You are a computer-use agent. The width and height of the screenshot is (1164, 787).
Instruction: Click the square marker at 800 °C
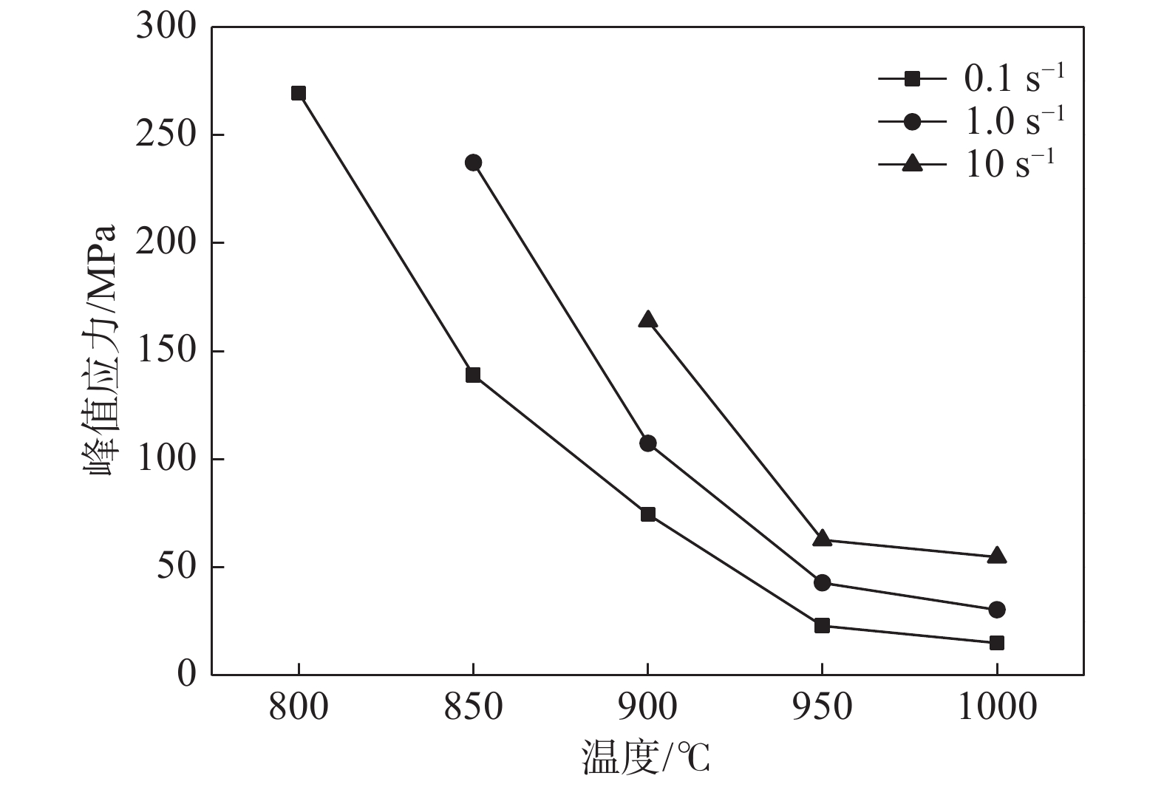pyautogui.click(x=299, y=93)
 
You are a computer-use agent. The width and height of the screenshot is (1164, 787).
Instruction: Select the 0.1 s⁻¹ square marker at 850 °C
pyautogui.click(x=473, y=375)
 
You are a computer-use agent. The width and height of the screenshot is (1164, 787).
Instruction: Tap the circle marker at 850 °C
pyautogui.click(x=473, y=163)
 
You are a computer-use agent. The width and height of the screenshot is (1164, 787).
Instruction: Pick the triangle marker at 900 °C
pyautogui.click(x=648, y=320)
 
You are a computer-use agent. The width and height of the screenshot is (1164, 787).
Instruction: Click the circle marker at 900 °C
pyautogui.click(x=648, y=443)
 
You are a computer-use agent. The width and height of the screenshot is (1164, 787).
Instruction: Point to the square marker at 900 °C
pyautogui.click(x=648, y=514)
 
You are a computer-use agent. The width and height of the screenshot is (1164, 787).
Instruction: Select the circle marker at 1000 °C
pyautogui.click(x=996, y=610)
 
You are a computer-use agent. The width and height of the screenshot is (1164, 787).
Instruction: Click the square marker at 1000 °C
pyautogui.click(x=996, y=643)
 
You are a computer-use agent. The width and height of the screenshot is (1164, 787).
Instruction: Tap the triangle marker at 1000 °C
pyautogui.click(x=996, y=556)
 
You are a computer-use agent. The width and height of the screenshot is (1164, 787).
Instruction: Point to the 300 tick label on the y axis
pyautogui.click(x=166, y=27)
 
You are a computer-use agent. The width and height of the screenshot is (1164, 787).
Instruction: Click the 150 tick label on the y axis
pyautogui.click(x=166, y=351)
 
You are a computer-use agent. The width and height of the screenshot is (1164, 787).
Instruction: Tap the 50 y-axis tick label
pyautogui.click(x=177, y=567)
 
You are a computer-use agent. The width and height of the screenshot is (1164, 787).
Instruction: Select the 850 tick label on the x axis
pyautogui.click(x=473, y=707)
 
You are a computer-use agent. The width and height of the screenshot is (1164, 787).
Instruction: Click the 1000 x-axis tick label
pyautogui.click(x=996, y=707)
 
